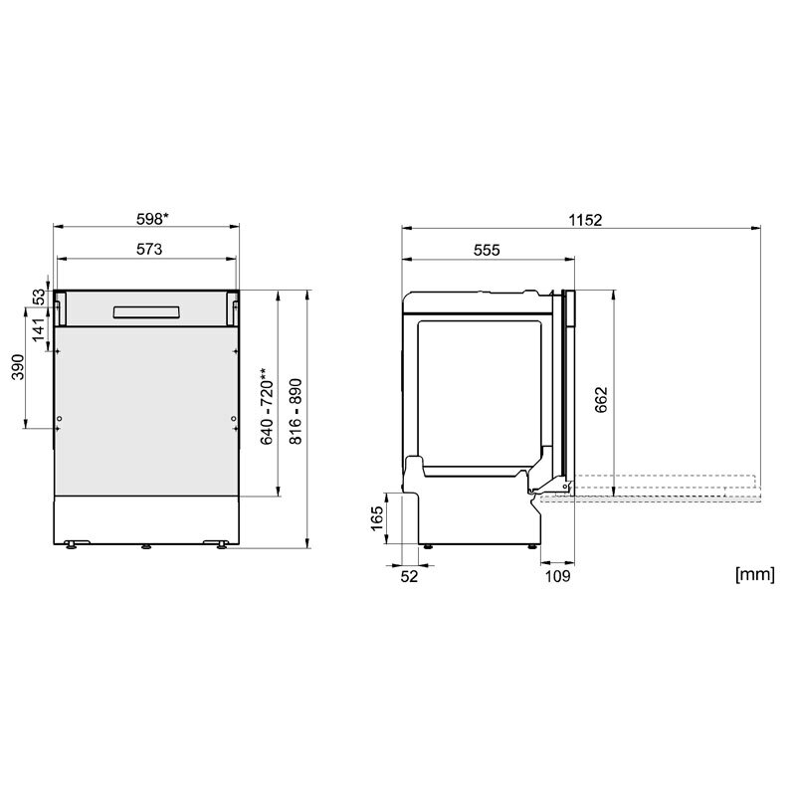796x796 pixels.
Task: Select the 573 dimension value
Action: click(147, 249)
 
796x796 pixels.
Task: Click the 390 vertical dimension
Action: click(18, 368)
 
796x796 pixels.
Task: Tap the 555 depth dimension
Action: click(486, 250)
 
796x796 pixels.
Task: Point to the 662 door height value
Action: click(601, 399)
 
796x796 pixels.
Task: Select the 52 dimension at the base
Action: click(409, 574)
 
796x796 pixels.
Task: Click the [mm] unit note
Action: click(753, 574)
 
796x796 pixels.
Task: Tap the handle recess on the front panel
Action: click(147, 312)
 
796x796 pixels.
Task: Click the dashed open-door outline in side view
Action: click(657, 487)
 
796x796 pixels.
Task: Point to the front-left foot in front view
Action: click(73, 543)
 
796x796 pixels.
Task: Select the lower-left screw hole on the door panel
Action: click(61, 419)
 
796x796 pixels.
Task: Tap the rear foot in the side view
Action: click(428, 544)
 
